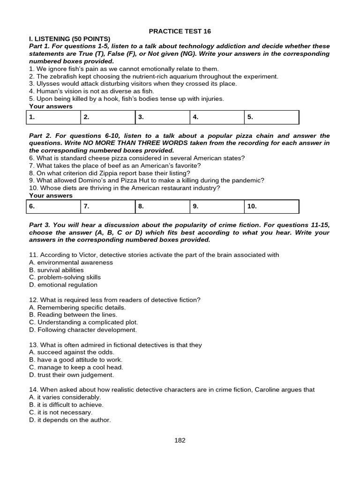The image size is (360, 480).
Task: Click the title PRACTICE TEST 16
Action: click(x=180, y=31)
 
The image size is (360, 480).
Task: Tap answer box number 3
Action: click(x=162, y=117)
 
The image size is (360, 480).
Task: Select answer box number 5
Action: click(x=271, y=117)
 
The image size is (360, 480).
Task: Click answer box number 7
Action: click(x=108, y=206)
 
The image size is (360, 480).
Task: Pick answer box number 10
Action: click(x=271, y=206)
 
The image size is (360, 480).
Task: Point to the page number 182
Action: click(x=180, y=440)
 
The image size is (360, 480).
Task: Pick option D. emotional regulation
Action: click(x=63, y=285)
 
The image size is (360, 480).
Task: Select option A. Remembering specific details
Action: click(x=77, y=307)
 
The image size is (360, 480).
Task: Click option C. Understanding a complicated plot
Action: click(x=83, y=322)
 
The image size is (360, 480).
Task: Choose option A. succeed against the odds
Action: click(x=72, y=352)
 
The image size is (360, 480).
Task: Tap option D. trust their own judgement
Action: click(x=71, y=375)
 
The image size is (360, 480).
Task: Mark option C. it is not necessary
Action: click(x=61, y=412)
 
